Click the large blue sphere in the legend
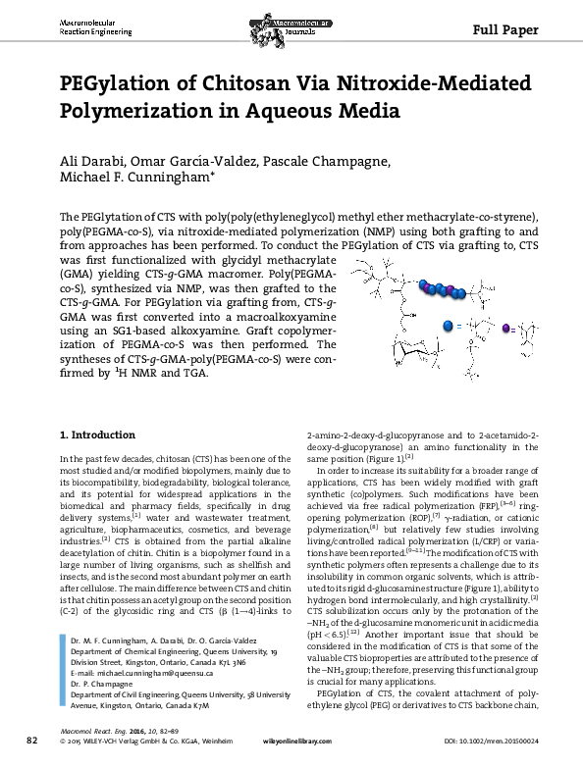pyautogui.click(x=450, y=325)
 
